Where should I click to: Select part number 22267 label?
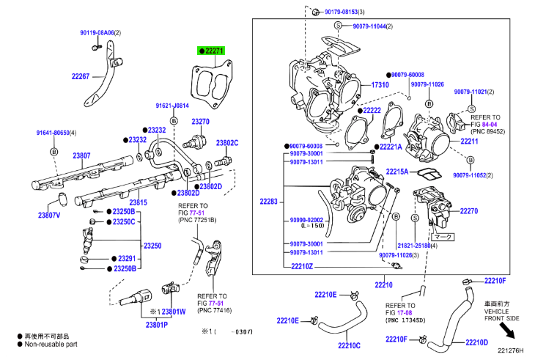pyautogui.click(x=81, y=76)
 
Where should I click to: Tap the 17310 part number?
pyautogui.click(x=380, y=85)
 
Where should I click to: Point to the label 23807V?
pyautogui.click(x=49, y=216)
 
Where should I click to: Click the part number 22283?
pyautogui.click(x=269, y=201)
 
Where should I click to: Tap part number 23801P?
pyautogui.click(x=156, y=325)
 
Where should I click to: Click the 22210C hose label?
pyautogui.click(x=350, y=345)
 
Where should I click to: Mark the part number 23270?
pyautogui.click(x=201, y=121)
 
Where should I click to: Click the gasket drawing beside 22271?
pyautogui.click(x=213, y=87)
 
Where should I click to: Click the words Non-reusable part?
pyautogui.click(x=51, y=342)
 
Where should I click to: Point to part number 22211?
pyautogui.click(x=469, y=141)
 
